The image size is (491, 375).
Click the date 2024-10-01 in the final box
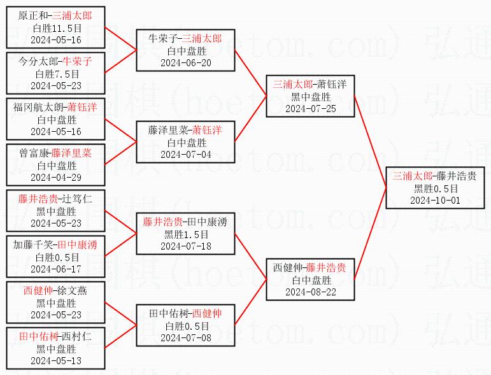[434, 200]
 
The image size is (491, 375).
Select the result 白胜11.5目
[56, 28]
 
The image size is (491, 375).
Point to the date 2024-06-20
[185, 62]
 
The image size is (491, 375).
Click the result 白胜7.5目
[56, 74]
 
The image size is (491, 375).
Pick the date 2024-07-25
[310, 108]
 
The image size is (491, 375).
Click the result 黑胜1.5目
[185, 234]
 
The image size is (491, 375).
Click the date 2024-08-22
[310, 292]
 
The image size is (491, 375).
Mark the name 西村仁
[76, 337]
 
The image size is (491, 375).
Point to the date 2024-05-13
[56, 360]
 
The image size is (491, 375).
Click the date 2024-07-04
[185, 154]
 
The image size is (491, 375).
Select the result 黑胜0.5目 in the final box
[434, 188]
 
